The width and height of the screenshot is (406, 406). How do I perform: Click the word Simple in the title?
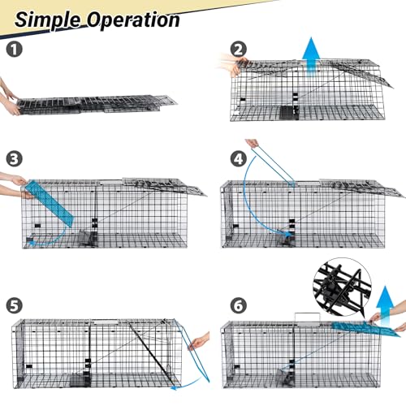pos(48,17)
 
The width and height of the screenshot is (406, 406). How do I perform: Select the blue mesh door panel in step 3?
pos(49,203)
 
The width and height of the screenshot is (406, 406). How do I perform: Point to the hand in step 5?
pos(198,343)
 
